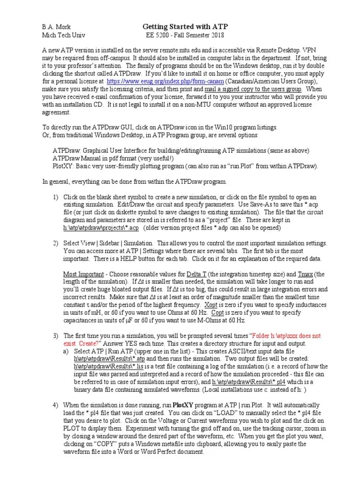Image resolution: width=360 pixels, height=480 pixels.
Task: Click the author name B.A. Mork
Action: click(56, 27)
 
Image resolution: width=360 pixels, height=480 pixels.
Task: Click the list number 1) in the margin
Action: click(55, 197)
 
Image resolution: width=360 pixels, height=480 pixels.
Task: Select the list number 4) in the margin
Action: click(55, 405)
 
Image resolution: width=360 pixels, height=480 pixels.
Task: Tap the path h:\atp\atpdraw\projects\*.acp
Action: click(101, 227)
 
